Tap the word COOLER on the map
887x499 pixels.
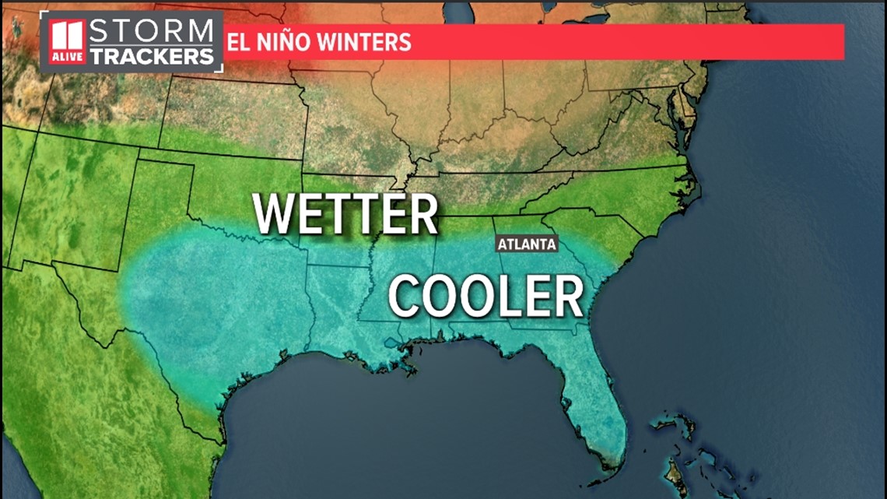pos(486,296)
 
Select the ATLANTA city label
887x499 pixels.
pos(528,244)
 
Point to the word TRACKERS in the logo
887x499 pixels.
pos(152,55)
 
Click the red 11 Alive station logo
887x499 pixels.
pos(68,43)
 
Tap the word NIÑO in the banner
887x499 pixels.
pos(282,41)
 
